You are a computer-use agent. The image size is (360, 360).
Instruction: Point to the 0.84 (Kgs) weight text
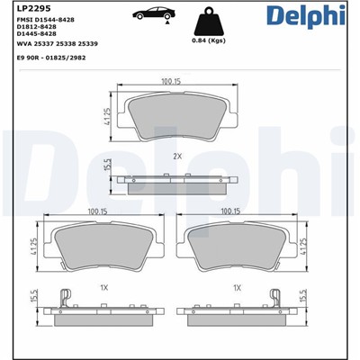click(x=209, y=40)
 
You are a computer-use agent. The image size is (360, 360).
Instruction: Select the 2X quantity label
click(x=177, y=156)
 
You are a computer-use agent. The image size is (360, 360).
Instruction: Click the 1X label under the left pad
click(x=104, y=288)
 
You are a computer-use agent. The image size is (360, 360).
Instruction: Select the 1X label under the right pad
click(x=237, y=288)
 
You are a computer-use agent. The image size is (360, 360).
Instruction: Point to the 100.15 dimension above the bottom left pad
click(x=98, y=212)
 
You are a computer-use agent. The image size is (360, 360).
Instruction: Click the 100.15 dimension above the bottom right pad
click(x=230, y=212)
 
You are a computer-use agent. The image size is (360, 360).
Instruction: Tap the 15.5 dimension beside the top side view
click(x=107, y=166)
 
